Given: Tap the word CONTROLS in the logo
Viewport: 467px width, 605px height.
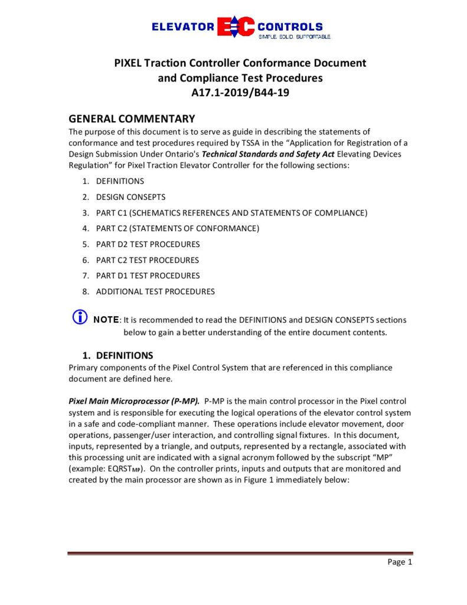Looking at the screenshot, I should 290,27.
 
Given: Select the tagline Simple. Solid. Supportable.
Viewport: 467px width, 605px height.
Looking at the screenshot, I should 294,37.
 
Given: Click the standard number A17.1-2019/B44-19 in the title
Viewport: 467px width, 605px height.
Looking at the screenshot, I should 240,93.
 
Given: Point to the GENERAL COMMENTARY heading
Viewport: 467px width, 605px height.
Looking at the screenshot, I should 132,119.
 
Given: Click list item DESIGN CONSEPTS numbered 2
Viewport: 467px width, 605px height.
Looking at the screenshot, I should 130,197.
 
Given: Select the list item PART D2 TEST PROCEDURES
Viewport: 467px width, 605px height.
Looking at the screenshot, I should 148,244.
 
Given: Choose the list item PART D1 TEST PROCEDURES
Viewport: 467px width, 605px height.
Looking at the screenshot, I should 148,275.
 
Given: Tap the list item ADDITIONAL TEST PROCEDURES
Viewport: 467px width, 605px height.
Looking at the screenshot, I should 155,291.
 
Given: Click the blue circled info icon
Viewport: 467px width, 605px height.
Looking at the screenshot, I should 79,317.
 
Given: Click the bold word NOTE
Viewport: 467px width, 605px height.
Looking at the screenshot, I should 106,320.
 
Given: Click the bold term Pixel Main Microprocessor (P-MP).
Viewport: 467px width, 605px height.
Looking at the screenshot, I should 134,401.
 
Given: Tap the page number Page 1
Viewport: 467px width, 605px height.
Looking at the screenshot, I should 400,562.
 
